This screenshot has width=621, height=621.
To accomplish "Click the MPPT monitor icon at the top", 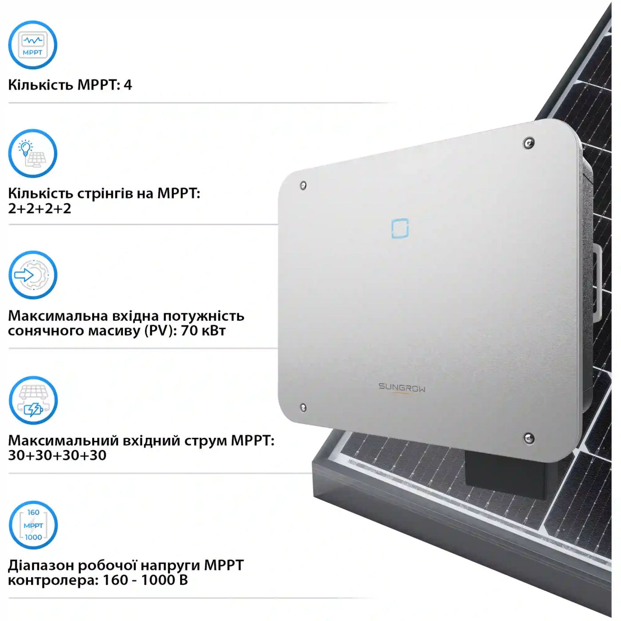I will [x=33, y=45].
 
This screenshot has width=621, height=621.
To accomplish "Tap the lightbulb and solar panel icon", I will [x=33, y=153].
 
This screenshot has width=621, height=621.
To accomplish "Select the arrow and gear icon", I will [x=33, y=275].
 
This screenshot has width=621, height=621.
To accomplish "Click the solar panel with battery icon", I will [x=33, y=401].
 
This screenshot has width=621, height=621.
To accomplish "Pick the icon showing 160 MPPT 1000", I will [x=33, y=525].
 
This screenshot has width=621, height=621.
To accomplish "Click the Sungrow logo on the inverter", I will [x=401, y=388].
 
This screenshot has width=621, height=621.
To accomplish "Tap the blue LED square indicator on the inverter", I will [x=400, y=228].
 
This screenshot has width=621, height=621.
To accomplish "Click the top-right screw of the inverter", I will [x=529, y=143].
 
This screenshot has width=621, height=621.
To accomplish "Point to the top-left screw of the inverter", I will [x=303, y=185].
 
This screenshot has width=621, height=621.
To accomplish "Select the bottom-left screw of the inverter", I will [x=303, y=407].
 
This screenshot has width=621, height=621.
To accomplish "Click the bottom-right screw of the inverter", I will [x=529, y=438].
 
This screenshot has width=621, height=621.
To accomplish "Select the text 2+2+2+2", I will [x=40, y=208].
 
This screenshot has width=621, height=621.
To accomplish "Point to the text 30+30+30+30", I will [x=57, y=455].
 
